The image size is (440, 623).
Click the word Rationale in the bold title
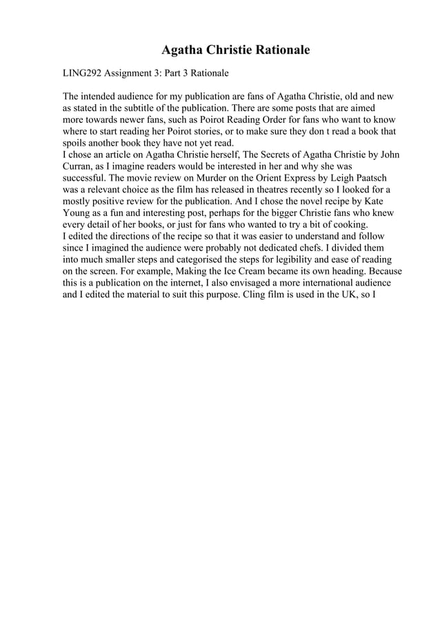tap(275, 50)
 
